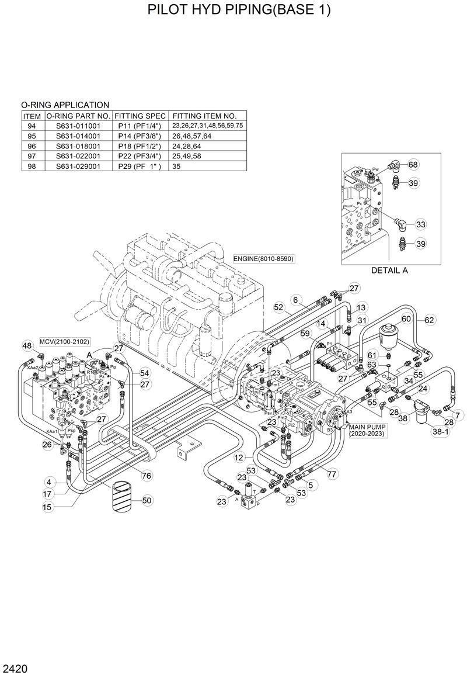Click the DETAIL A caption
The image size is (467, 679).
point(389,270)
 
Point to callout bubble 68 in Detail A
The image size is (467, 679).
point(413,165)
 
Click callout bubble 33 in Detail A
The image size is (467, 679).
point(421,224)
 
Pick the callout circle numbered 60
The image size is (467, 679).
point(406,319)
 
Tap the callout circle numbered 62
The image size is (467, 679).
point(430,320)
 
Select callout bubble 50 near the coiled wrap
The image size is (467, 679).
point(147,500)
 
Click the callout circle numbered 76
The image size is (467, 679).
point(147,476)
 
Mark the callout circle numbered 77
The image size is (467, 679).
point(332,474)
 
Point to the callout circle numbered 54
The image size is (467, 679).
point(144,372)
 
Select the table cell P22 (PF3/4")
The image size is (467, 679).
point(140,156)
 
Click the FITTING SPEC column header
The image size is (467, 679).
point(140,116)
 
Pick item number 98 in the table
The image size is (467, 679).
point(32,166)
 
